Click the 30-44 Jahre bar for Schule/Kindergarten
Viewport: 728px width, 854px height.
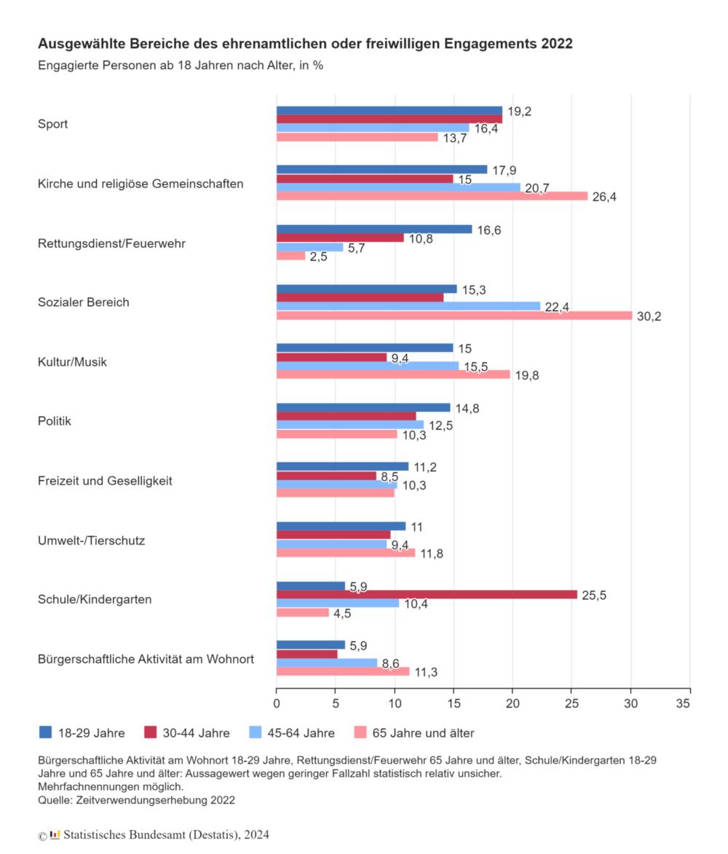pos(427,595)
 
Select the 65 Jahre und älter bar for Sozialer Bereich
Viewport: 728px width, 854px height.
pos(454,316)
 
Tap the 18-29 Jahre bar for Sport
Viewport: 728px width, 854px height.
pos(389,111)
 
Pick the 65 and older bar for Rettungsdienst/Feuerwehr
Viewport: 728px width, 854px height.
pos(290,256)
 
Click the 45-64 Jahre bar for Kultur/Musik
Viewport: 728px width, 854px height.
pos(367,366)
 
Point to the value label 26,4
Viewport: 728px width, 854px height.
pos(604,197)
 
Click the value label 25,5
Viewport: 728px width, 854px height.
pos(593,595)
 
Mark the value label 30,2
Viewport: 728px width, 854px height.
pos(649,316)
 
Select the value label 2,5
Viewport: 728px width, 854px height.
pos(318,256)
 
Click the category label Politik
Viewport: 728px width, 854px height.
pos(55,421)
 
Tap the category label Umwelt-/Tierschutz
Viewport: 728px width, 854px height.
pos(92,541)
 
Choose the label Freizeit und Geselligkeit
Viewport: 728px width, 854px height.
pos(105,481)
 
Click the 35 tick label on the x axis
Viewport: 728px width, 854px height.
pos(683,703)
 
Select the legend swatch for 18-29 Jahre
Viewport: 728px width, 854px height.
pos(46,732)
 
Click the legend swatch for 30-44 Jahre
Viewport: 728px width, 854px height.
pos(150,732)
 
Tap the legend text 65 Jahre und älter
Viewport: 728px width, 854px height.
pos(423,733)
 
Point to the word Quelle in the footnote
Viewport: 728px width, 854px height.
pos(55,800)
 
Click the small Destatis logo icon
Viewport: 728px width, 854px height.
pos(55,835)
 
